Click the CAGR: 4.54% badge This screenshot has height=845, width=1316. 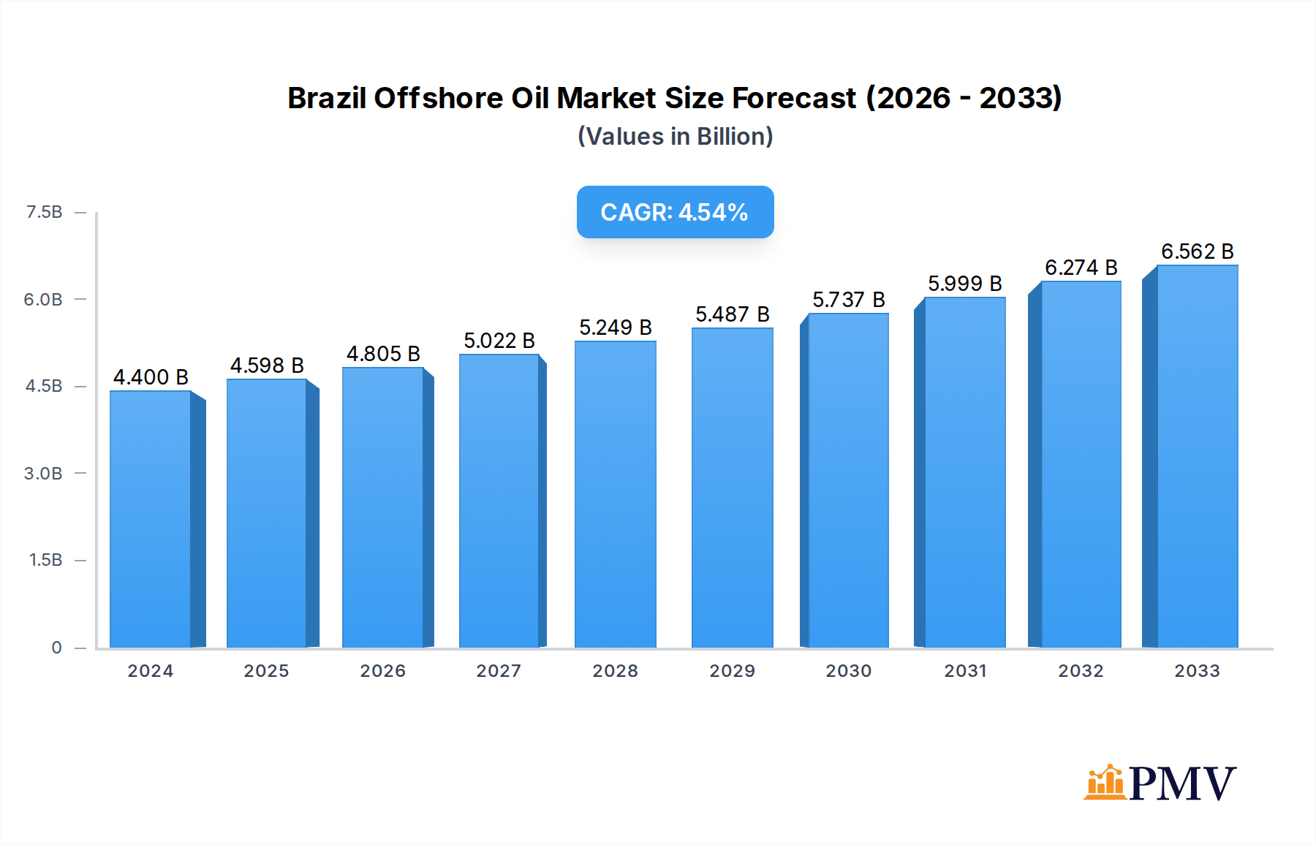[675, 212]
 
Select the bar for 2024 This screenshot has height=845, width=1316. [151, 519]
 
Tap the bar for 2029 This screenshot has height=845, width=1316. [732, 488]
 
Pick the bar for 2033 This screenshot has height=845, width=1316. [1197, 456]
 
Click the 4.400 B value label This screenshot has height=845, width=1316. [151, 377]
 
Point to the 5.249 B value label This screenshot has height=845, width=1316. [615, 327]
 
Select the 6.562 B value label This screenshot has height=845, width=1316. [1197, 251]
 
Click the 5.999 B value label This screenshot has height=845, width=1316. [964, 284]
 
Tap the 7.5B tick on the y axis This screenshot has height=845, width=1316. [44, 212]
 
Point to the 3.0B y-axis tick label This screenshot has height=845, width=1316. [43, 474]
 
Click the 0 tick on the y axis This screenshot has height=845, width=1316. [56, 648]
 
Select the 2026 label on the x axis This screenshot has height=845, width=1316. [382, 671]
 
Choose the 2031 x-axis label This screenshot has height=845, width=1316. [965, 671]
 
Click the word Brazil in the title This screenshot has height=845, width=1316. [327, 98]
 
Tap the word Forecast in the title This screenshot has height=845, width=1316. [794, 98]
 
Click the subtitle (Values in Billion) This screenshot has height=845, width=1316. [675, 137]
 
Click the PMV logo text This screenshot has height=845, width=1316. [1182, 784]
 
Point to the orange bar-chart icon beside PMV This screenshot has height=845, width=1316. [1104, 782]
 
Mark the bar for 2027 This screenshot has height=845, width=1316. [499, 501]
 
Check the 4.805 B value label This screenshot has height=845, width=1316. [383, 354]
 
